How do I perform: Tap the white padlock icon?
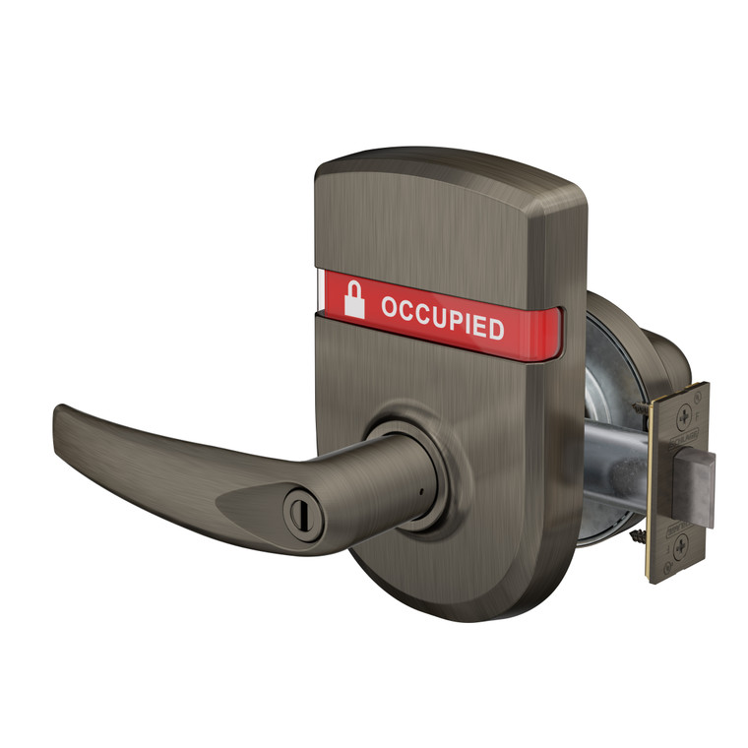pos(353,298)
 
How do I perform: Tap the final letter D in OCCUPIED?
pos(495,329)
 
